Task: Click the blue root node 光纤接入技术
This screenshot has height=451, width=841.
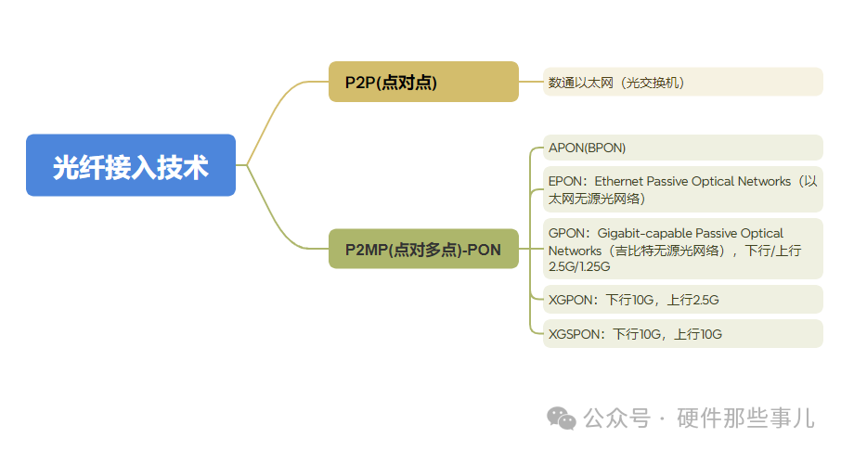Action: point(131,165)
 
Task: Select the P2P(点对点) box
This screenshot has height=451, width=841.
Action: point(423,82)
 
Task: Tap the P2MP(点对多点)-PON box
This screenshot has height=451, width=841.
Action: point(423,249)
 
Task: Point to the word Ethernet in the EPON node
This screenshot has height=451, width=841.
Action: point(624,181)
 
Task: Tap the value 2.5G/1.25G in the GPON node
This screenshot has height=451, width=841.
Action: point(579,267)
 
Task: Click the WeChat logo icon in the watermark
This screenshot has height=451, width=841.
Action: point(561,419)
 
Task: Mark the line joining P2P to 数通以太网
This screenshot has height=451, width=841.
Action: point(531,82)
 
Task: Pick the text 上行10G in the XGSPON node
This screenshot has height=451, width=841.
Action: point(698,334)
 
